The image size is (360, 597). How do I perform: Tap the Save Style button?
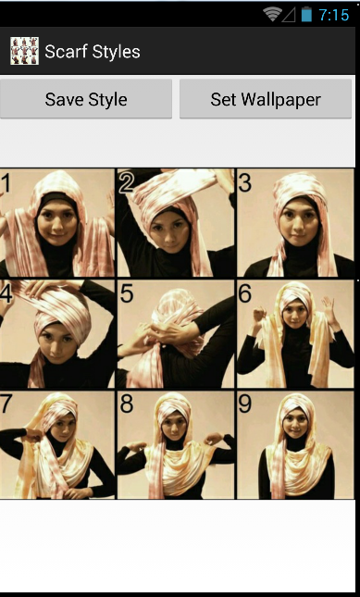coord(86,99)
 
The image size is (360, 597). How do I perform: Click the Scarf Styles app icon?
coord(24,51)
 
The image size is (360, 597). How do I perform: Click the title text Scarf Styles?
coord(93,52)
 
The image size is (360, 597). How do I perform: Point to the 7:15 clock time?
coord(334,15)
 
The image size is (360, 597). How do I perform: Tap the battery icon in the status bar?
coord(306,15)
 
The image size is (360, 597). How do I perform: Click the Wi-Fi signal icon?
coord(272,15)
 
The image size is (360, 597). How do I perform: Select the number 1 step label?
coord(6,182)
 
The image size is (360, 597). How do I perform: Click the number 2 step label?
coord(127,182)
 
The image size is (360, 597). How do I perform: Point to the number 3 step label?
coord(244,182)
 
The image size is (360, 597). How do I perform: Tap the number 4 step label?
coord(6,294)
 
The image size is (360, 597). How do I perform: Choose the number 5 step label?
coord(127,294)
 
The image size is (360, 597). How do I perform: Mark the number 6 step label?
coord(245,293)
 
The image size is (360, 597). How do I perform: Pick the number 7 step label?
coord(6,404)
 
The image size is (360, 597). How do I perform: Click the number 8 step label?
coord(127,404)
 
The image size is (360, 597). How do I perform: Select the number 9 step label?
coord(244,404)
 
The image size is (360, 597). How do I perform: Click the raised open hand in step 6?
coord(328,307)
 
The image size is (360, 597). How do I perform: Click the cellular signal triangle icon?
coord(290,15)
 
